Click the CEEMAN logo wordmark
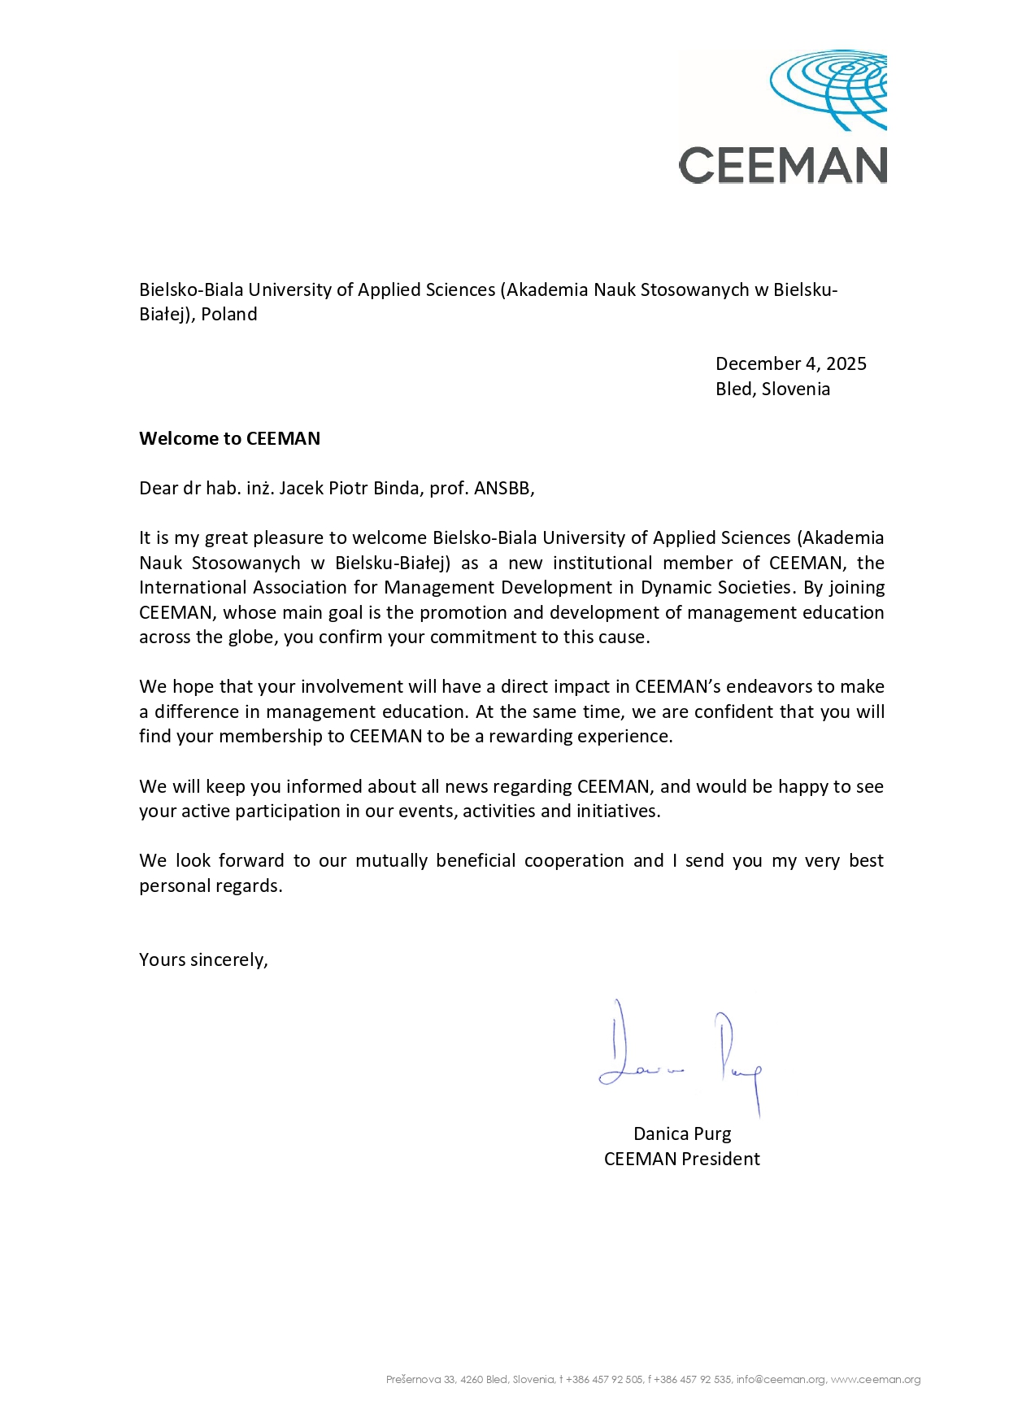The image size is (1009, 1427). click(782, 166)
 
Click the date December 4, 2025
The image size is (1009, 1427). click(790, 363)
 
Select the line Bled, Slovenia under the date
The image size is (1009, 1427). click(772, 389)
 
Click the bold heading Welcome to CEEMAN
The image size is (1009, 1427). click(229, 438)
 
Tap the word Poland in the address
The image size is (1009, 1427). click(229, 314)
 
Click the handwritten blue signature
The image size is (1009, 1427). click(680, 1057)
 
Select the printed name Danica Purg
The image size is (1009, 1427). click(682, 1133)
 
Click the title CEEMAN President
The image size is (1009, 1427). click(682, 1159)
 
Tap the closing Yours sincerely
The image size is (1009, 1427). click(203, 959)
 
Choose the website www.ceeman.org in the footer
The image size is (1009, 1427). click(876, 1380)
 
